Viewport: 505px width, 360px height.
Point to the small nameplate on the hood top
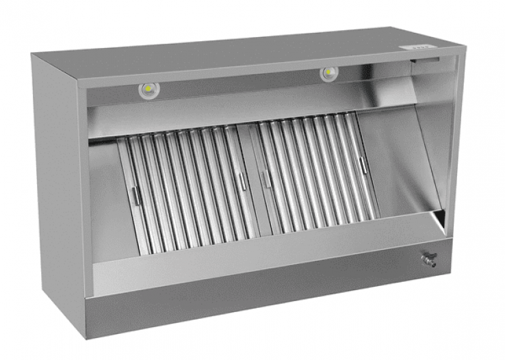click(x=417, y=47)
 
